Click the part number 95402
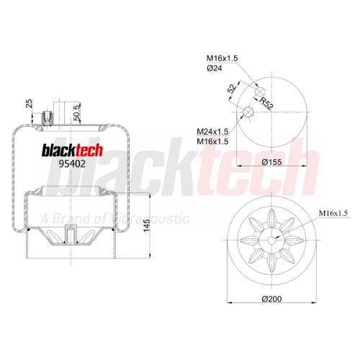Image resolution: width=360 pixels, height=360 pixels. click(72, 163)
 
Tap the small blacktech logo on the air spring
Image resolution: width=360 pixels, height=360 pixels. click(72, 150)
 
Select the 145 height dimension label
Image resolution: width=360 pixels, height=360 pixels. click(146, 225)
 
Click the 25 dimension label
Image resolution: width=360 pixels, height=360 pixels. click(29, 104)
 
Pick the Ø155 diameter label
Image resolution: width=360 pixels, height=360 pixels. click(271, 162)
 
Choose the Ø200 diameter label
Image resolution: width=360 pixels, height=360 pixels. click(271, 299)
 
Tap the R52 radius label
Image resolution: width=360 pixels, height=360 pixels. click(266, 103)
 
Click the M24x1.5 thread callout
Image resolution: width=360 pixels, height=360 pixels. click(212, 132)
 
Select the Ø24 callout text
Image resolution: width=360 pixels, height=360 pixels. click(215, 68)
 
